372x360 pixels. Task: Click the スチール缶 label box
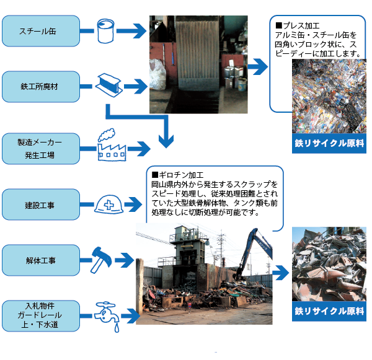click(x=41, y=30)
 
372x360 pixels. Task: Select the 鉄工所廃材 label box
click(x=41, y=86)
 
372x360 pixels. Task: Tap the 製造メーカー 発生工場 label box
click(x=41, y=149)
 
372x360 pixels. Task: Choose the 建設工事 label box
click(x=41, y=204)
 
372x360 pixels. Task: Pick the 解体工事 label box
click(x=41, y=260)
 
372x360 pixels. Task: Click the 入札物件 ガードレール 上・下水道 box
click(x=41, y=315)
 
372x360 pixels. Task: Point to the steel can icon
click(x=107, y=30)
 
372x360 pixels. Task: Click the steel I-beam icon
click(x=109, y=83)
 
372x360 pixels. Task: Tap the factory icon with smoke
click(x=110, y=145)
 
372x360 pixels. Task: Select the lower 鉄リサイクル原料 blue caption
click(x=329, y=310)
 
